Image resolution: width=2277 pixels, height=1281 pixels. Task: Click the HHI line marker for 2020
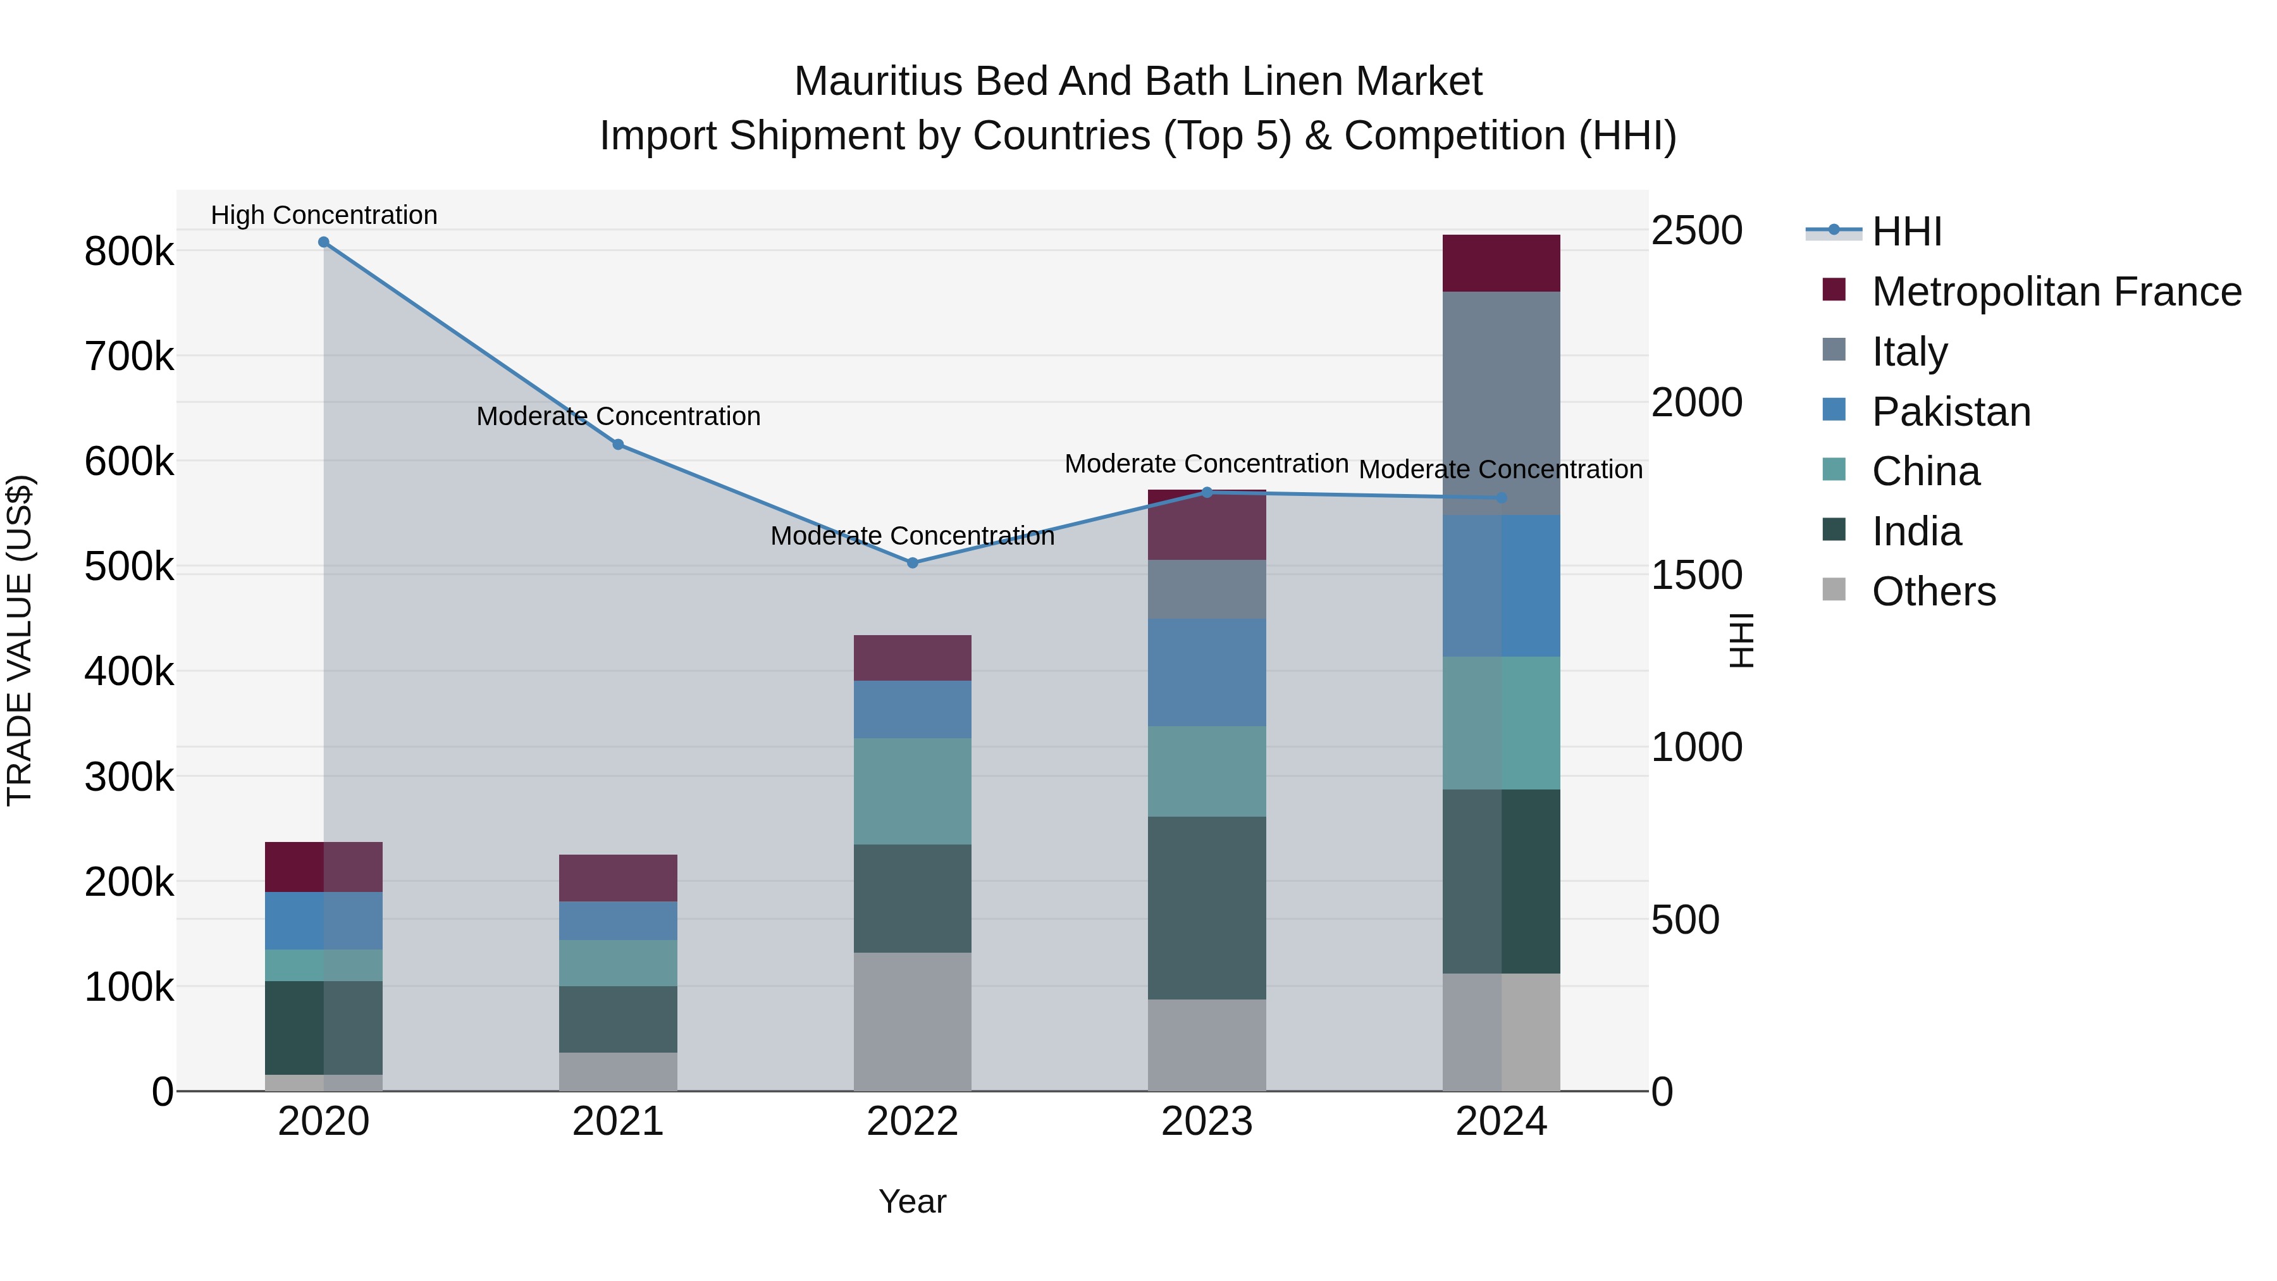[323, 242]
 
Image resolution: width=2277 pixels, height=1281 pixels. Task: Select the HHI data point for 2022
[912, 563]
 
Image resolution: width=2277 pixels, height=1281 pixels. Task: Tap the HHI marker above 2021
[618, 445]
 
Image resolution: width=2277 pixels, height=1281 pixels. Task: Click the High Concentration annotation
[323, 215]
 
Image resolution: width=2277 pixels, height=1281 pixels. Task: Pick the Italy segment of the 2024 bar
[1501, 403]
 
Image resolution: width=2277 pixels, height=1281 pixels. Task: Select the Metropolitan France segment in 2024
[1501, 263]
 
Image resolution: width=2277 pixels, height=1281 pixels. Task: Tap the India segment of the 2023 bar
[1207, 908]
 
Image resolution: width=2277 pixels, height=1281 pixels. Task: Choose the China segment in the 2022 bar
[912, 791]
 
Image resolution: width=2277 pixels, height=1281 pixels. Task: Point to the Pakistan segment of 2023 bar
[1207, 673]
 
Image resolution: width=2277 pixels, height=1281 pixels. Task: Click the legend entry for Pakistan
[1951, 412]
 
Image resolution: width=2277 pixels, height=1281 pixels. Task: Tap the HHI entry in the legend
[1906, 232]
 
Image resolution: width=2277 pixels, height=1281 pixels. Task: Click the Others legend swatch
[1834, 590]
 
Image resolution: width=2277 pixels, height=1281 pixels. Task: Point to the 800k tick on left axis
[129, 252]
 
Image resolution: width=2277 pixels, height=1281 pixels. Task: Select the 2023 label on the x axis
[1207, 1122]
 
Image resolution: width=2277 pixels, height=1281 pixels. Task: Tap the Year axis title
[912, 1201]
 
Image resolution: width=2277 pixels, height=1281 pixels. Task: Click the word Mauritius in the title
[878, 82]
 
